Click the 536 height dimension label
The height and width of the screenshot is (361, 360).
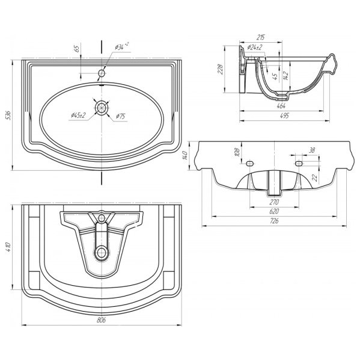8,115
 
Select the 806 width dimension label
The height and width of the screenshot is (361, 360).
101,320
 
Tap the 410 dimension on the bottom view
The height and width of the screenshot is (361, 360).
8,247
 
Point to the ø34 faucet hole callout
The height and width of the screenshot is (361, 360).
121,47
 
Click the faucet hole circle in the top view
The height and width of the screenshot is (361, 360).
102,73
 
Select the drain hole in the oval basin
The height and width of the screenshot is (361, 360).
101,108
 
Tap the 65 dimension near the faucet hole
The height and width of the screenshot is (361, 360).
77,48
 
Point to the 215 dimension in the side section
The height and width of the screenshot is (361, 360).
260,37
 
